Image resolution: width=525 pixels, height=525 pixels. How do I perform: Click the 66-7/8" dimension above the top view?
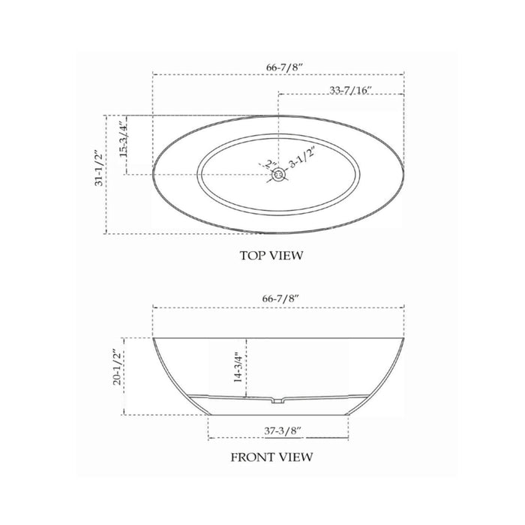click(284, 67)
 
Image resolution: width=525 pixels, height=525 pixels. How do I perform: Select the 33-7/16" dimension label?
click(350, 91)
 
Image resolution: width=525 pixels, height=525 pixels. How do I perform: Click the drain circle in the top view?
click(278, 175)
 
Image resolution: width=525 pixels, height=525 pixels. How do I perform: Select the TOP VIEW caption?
click(271, 256)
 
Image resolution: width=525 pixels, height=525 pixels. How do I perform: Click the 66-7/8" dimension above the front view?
click(280, 298)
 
